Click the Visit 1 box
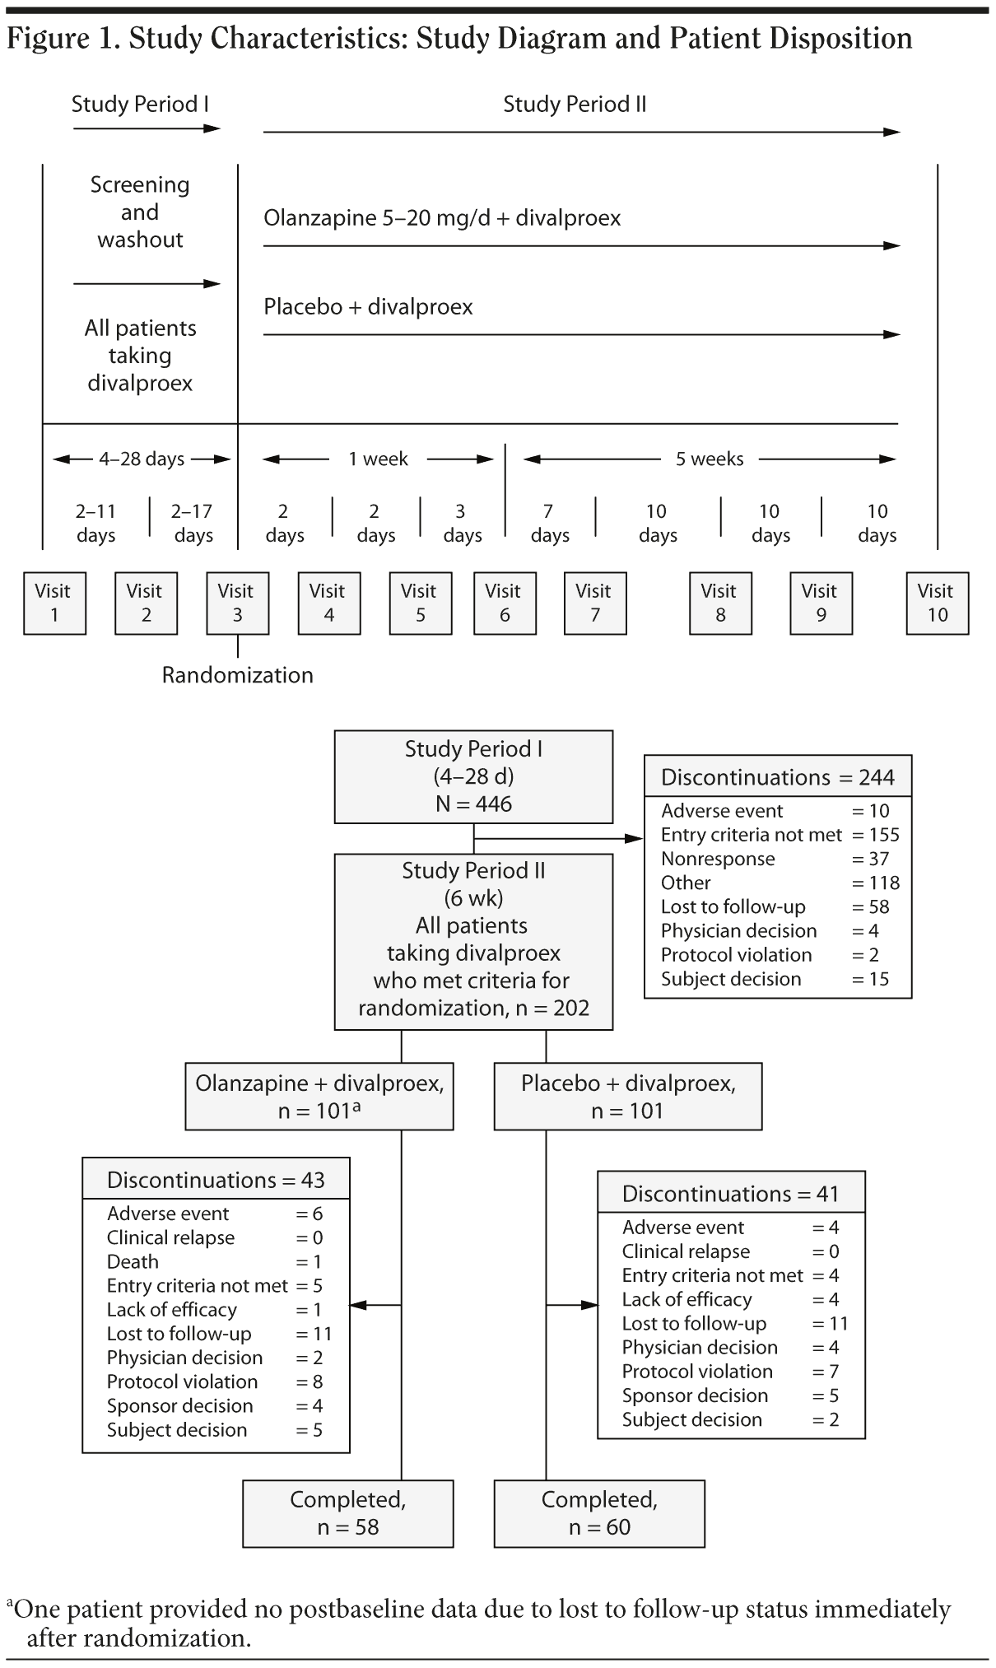pyautogui.click(x=54, y=603)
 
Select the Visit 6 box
pyautogui.click(x=505, y=603)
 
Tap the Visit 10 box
pyautogui.click(x=937, y=603)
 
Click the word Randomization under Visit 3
pyautogui.click(x=237, y=675)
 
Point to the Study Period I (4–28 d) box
pyautogui.click(x=473, y=776)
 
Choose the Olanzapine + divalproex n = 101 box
pyautogui.click(x=319, y=1096)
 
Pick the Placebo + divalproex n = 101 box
pyautogui.click(x=627, y=1096)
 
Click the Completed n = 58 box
pyautogui.click(x=347, y=1513)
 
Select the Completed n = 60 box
pyautogui.click(x=599, y=1513)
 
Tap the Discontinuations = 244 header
pyautogui.click(x=777, y=777)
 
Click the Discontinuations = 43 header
pyautogui.click(x=216, y=1180)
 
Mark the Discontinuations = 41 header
pyautogui.click(x=730, y=1193)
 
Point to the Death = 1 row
pyautogui.click(x=215, y=1261)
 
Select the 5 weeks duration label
pyautogui.click(x=710, y=459)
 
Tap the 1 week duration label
pyautogui.click(x=378, y=459)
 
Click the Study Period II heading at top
pyautogui.click(x=575, y=105)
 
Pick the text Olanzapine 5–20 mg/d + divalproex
pyautogui.click(x=442, y=218)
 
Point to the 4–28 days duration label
pyautogui.click(x=142, y=459)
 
